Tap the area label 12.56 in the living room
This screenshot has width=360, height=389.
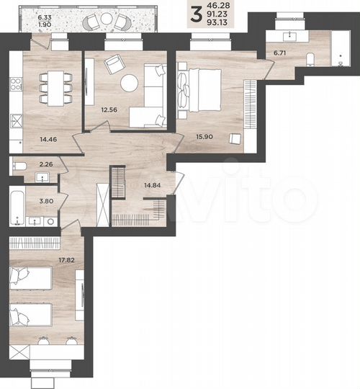pos(109,109)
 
